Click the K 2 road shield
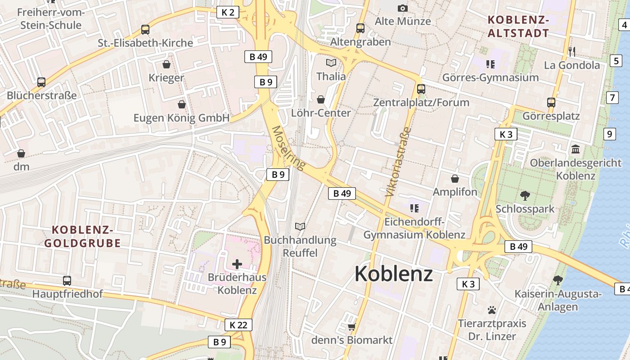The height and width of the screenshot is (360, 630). [x=228, y=12]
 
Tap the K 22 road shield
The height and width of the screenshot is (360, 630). [x=238, y=325]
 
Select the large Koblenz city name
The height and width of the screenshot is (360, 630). [x=394, y=274]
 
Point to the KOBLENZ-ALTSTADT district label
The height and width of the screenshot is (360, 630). [x=518, y=27]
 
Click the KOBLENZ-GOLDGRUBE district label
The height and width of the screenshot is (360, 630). [x=82, y=237]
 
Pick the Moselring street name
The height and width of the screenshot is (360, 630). [x=288, y=148]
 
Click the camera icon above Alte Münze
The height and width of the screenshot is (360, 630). [x=402, y=8]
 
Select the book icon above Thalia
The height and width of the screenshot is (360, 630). [x=331, y=63]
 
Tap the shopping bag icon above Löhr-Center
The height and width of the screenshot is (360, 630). [x=321, y=99]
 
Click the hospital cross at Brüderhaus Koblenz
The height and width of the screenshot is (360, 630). [x=237, y=264]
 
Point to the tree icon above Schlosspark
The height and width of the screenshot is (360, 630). [x=525, y=195]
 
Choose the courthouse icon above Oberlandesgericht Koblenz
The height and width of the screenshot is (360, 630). [x=576, y=149]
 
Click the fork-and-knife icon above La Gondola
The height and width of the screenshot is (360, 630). [x=571, y=51]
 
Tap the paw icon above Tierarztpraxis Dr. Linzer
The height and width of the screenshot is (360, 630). [x=491, y=310]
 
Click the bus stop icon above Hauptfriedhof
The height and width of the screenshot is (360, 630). [x=67, y=280]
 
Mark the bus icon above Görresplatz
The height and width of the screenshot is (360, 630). [x=551, y=102]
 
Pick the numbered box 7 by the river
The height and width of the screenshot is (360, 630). [x=612, y=97]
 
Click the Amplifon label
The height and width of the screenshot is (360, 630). [x=455, y=192]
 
